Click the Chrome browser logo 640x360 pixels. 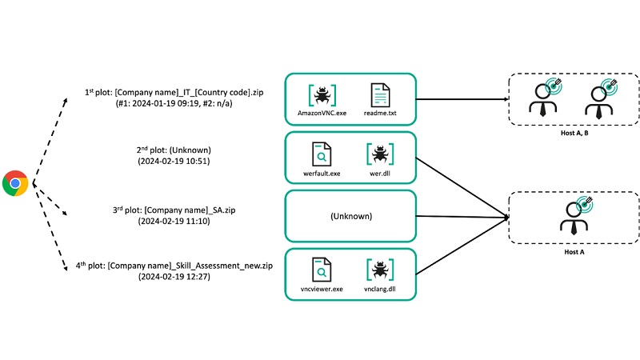click(x=16, y=183)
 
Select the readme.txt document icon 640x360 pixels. click(x=379, y=95)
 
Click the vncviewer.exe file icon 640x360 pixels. click(x=322, y=270)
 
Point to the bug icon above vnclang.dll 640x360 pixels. click(x=378, y=270)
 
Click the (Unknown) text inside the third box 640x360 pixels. click(x=350, y=216)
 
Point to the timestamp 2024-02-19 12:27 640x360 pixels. click(x=174, y=277)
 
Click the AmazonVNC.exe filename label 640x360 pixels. click(x=322, y=114)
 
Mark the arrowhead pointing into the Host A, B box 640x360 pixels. click(x=508, y=101)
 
